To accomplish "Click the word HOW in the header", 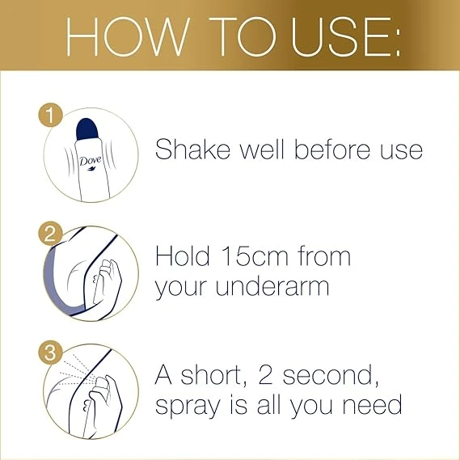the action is click(127, 36).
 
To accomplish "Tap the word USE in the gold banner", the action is click(341, 36).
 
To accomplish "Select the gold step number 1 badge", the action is click(50, 115).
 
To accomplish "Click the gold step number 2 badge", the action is click(50, 233).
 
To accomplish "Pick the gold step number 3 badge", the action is click(50, 352).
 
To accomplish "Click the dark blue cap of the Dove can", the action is click(87, 129).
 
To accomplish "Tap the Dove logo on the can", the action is click(91, 162).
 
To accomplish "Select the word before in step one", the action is click(333, 149).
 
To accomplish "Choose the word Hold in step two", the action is click(183, 255).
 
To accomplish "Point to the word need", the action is click(372, 405).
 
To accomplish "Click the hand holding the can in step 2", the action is click(108, 281).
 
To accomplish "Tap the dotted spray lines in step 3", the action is click(78, 370).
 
